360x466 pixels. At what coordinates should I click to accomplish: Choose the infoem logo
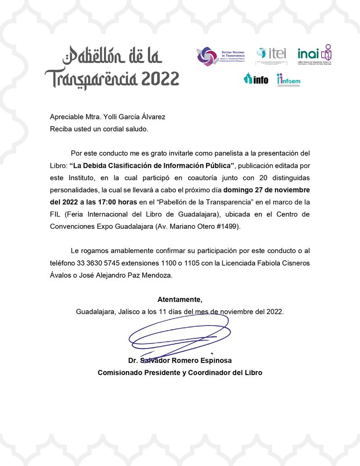point(289,80)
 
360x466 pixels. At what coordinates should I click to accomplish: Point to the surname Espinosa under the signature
point(215,361)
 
